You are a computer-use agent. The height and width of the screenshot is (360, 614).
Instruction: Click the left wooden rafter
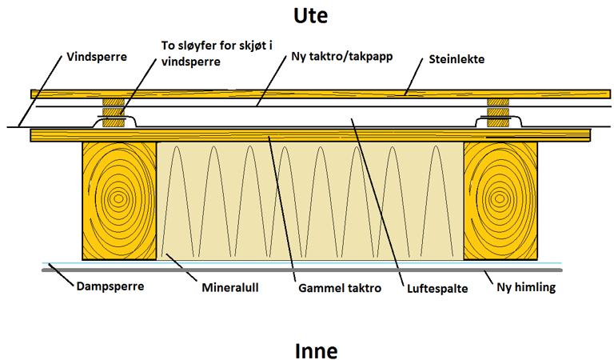(x=118, y=200)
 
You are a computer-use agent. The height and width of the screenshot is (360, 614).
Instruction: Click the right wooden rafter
(x=500, y=200)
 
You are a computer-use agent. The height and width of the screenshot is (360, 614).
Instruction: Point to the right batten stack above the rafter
(x=498, y=113)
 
